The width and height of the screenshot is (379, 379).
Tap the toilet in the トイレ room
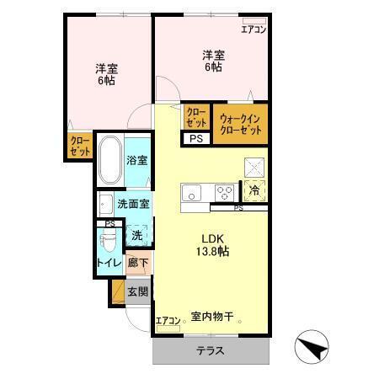point(108,245)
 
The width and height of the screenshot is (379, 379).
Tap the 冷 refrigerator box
point(254,190)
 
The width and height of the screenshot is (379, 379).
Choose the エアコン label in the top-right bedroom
point(254,29)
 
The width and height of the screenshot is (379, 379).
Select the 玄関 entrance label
point(137,292)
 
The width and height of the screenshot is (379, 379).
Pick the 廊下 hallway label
point(137,264)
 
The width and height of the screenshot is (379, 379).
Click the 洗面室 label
point(133,204)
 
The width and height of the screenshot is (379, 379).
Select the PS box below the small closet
point(195,139)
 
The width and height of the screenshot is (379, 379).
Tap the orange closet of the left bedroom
point(80,146)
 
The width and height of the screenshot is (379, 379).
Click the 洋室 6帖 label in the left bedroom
point(106,75)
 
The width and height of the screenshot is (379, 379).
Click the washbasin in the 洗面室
point(105,205)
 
